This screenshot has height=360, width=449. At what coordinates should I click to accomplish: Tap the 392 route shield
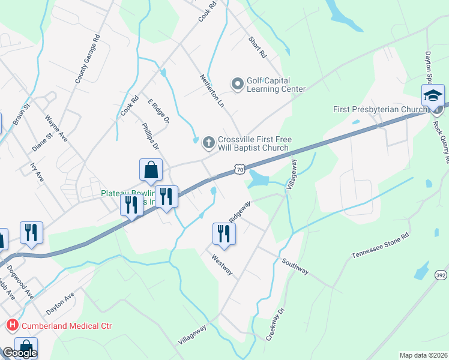(441, 274)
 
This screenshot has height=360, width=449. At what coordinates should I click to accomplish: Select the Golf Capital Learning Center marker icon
(238, 84)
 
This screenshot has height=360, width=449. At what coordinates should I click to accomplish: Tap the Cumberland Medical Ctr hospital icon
(11, 326)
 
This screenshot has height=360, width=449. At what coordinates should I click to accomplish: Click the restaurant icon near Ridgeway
(224, 233)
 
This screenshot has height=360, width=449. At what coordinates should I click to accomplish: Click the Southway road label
(295, 267)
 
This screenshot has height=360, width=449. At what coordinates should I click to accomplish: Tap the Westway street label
(221, 264)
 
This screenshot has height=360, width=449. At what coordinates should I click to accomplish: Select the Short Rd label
(258, 47)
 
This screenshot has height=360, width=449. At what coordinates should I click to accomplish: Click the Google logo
(20, 353)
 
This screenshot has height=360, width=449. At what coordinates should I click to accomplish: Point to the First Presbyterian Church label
(380, 109)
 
